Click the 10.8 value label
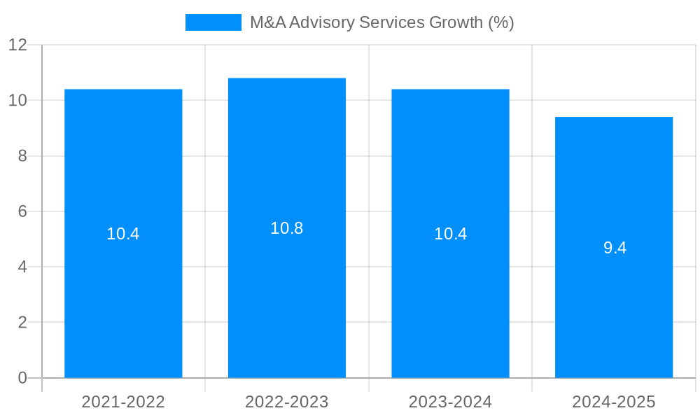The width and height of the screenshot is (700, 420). [287, 228]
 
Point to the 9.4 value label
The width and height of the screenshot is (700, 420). [615, 248]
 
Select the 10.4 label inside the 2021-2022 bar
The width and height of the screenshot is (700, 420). [123, 234]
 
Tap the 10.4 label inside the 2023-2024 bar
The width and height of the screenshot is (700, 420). [450, 234]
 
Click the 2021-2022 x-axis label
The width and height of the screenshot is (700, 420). [123, 402]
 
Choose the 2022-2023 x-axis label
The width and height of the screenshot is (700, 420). [287, 402]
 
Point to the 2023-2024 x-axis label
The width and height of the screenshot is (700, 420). [450, 402]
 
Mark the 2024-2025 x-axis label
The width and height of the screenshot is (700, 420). [614, 402]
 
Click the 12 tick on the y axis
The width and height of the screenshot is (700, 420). [17, 45]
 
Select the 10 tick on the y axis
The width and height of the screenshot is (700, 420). [17, 100]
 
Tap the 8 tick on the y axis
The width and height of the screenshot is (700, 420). [22, 156]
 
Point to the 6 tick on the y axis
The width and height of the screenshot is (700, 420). [22, 211]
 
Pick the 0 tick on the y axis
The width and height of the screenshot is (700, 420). [22, 378]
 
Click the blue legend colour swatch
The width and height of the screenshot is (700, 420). [213, 22]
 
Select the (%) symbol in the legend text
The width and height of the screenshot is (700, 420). [501, 22]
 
